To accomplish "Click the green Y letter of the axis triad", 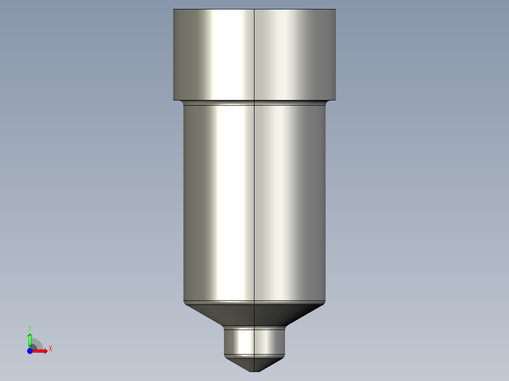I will coord(30,327).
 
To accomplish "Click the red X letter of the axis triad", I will coord(51,349).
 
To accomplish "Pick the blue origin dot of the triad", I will coord(30,351).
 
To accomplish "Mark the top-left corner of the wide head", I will coord(174,9).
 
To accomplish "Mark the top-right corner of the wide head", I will coord(336,9).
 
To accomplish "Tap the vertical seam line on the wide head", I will coord(254,54).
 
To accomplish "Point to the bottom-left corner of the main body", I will coord(184,301).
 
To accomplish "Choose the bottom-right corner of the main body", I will coord(326,301).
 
